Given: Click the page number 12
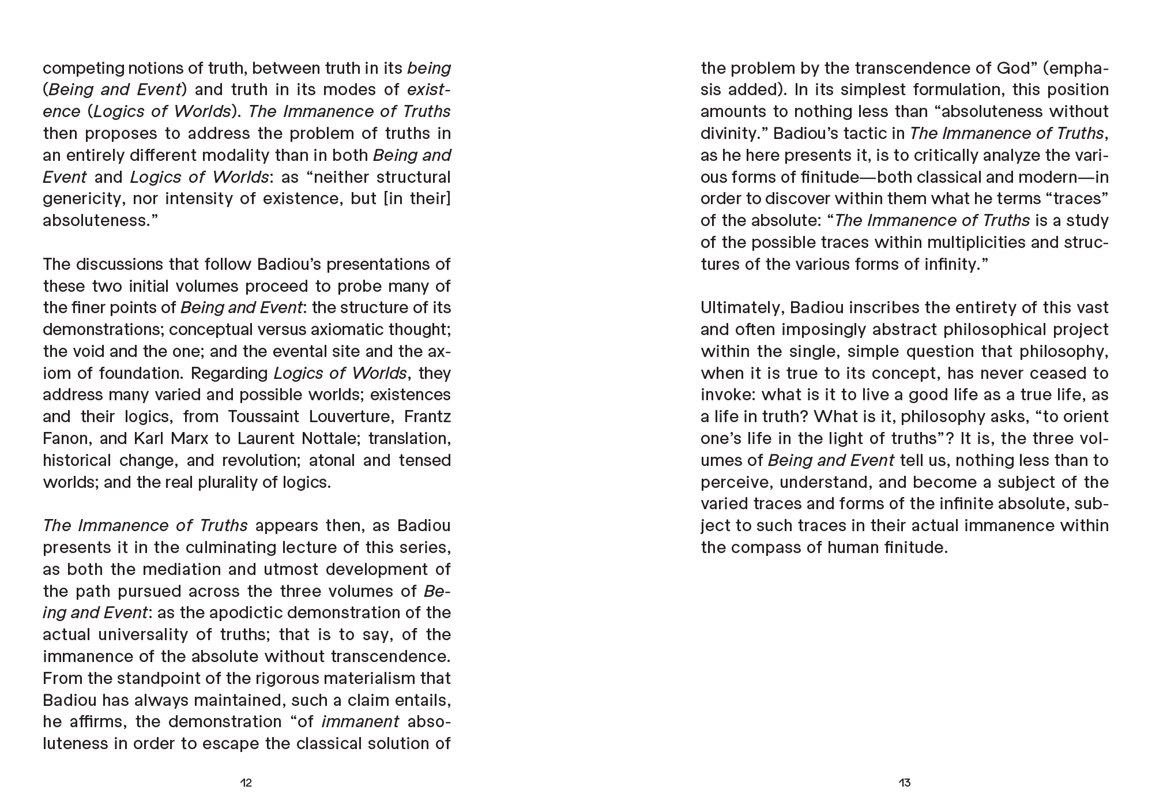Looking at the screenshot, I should (246, 783).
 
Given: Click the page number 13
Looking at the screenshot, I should (904, 783).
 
